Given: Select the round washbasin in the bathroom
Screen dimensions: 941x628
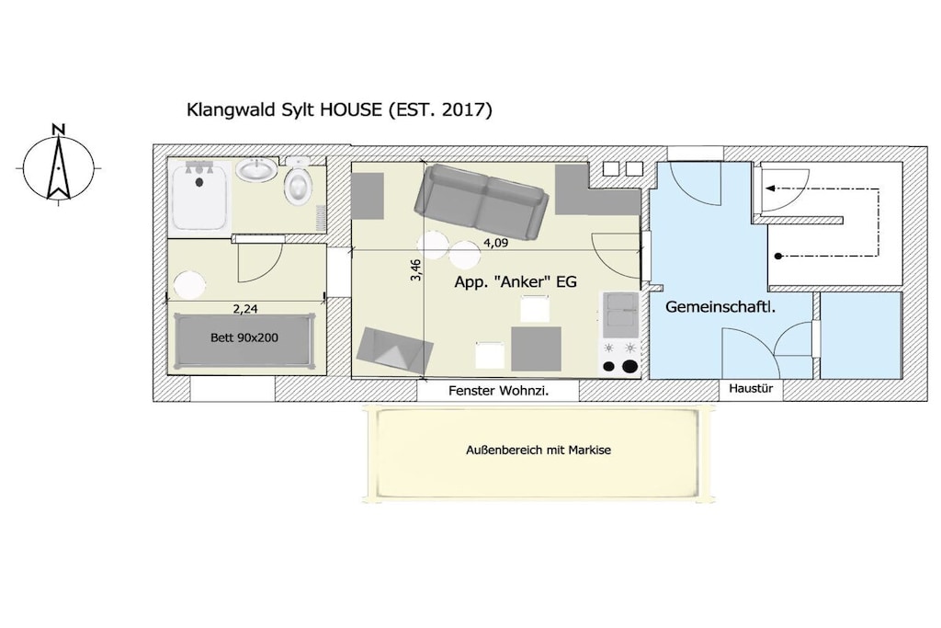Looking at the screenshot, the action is [257, 170].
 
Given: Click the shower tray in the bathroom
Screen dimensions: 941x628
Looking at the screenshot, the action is [198, 196].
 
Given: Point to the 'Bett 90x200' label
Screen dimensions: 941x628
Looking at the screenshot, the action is [244, 337].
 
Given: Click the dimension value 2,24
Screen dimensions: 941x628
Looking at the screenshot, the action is [244, 309].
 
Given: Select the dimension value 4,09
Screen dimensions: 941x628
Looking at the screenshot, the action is [495, 243].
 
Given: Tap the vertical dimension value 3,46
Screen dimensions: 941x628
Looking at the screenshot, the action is [416, 269].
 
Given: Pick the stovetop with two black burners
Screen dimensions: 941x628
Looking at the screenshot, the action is [620, 358].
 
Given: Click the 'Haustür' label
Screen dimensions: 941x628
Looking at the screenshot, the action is [751, 388].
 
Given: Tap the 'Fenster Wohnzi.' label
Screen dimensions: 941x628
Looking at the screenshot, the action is [498, 391].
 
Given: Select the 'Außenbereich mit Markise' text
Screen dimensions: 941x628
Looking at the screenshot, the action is [539, 450].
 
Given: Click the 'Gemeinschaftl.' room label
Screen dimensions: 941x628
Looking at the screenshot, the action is [720, 307].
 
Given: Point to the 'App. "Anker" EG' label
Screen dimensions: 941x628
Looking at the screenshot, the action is [516, 281].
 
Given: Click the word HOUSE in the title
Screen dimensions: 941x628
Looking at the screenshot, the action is [351, 109].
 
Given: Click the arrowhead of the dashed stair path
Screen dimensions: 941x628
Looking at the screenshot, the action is [770, 188].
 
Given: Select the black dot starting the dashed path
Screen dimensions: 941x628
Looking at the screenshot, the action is [777, 257].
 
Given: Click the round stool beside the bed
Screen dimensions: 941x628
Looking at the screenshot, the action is [190, 285].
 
